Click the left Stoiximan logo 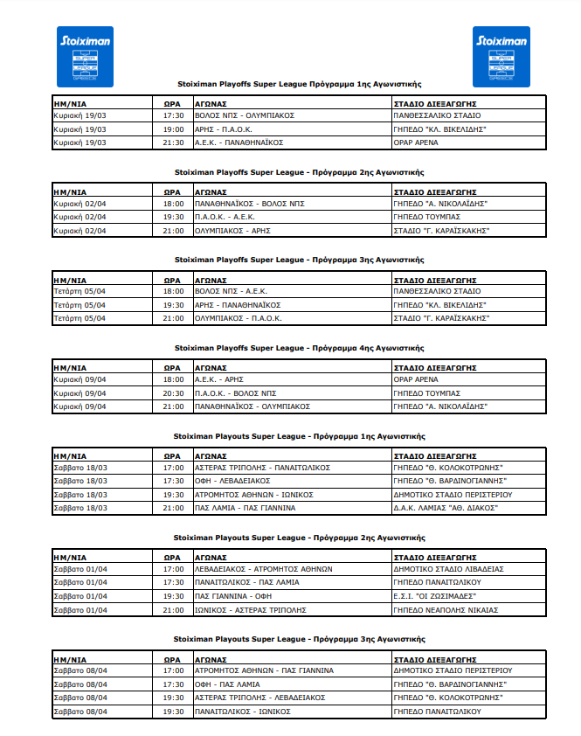[79, 57]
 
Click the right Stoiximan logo [501, 57]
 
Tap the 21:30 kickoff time [173, 142]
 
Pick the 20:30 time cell [173, 392]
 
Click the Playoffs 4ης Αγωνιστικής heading [299, 347]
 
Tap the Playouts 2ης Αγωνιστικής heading [299, 537]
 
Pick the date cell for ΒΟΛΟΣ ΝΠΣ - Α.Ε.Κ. [80, 290]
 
